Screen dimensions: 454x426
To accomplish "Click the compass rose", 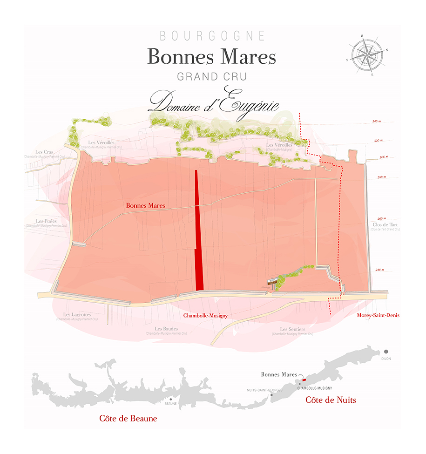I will [x=368, y=55].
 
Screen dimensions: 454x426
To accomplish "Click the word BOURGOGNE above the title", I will [x=212, y=36].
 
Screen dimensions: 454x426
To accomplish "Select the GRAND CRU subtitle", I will [x=212, y=76].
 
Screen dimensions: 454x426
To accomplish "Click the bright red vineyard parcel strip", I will [x=199, y=233].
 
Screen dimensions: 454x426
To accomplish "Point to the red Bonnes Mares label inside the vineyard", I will [x=145, y=205].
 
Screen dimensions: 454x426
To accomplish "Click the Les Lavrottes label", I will [x=77, y=315].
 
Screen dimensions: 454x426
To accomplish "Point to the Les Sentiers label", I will [x=292, y=330].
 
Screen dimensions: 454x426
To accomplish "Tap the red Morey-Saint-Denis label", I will [x=378, y=315].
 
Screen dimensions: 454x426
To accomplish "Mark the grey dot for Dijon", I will [x=386, y=352].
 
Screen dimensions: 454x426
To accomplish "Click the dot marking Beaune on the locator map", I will [x=171, y=399].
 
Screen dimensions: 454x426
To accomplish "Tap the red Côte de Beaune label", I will [x=128, y=419].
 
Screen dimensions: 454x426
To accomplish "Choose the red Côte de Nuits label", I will [x=331, y=400].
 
